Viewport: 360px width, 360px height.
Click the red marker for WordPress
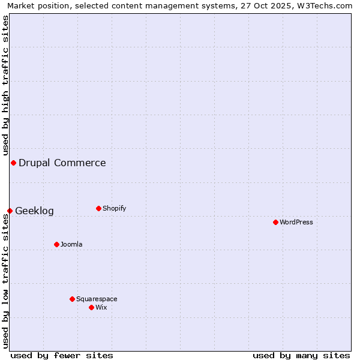[275, 222]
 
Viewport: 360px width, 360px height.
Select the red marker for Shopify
[98, 208]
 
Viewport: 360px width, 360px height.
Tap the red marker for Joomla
[56, 244]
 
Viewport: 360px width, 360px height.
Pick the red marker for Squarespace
[72, 299]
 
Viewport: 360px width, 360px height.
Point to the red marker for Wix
[91, 307]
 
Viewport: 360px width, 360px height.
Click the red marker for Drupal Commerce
[13, 163]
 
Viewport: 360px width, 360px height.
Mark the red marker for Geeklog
[10, 211]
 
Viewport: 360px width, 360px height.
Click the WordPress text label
[296, 222]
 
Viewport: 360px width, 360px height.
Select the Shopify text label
[115, 208]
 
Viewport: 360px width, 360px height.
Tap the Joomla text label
[71, 244]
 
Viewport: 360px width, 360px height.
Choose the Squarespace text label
[97, 299]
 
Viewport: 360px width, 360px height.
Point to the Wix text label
[101, 307]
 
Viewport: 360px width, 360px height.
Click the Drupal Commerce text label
[62, 163]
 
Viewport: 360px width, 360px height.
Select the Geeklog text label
[34, 211]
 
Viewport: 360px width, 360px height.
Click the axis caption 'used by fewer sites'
[62, 355]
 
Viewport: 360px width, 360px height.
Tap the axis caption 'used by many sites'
[301, 355]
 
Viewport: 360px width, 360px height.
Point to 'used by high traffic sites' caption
[5, 85]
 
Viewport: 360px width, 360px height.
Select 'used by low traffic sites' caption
[5, 281]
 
